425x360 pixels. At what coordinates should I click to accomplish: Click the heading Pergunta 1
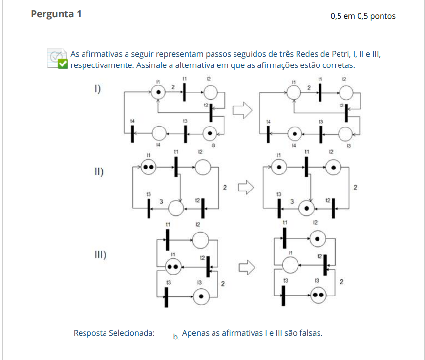[x=56, y=14]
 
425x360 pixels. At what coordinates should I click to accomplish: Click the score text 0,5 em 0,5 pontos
[x=363, y=16]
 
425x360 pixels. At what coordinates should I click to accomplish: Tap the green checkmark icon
[x=63, y=64]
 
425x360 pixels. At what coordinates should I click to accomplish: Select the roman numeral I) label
[x=98, y=89]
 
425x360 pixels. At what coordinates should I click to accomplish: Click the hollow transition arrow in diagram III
[x=247, y=267]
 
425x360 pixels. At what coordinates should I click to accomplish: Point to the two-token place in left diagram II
[x=149, y=167]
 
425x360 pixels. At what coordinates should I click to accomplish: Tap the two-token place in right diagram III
[x=318, y=295]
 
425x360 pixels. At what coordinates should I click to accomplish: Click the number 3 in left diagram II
[x=161, y=201]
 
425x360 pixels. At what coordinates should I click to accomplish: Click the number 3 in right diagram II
[x=292, y=201]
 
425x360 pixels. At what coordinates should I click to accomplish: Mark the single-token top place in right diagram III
[x=318, y=239]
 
